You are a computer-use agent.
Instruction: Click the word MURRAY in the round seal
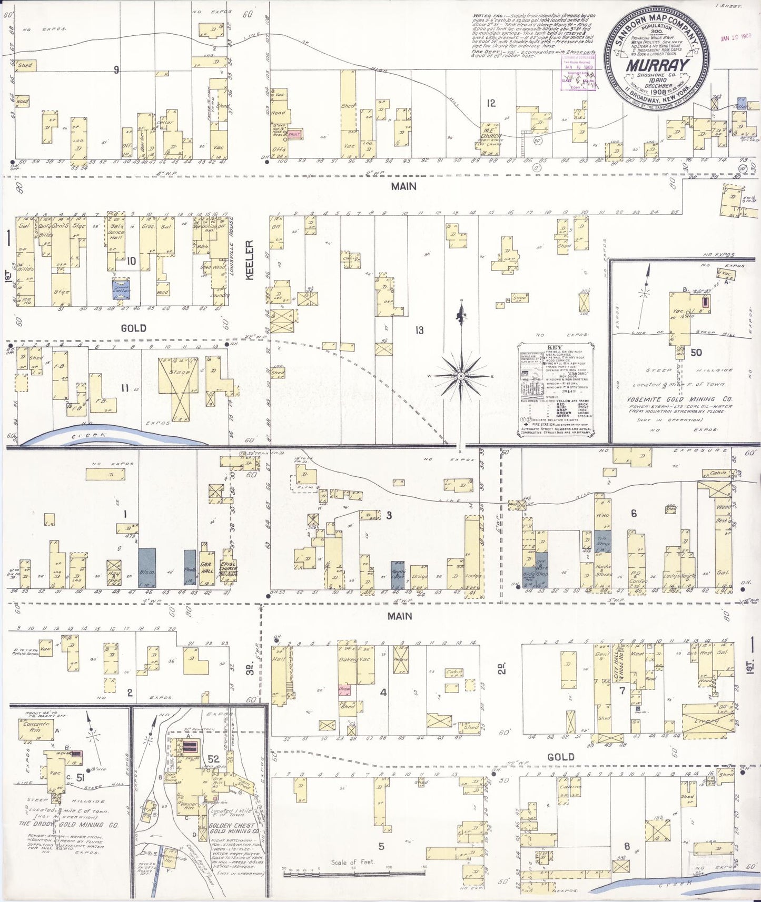pyautogui.click(x=657, y=66)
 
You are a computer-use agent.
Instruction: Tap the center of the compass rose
pyautogui.click(x=461, y=376)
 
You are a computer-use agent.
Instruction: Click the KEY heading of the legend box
pyautogui.click(x=555, y=348)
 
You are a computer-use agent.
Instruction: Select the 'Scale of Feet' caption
pyautogui.click(x=352, y=862)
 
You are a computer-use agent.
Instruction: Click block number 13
pyautogui.click(x=419, y=330)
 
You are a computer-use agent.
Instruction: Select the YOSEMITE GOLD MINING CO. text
pyautogui.click(x=679, y=399)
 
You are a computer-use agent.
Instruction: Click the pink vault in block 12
pyautogui.click(x=294, y=134)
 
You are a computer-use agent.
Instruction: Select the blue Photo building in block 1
pyautogui.click(x=190, y=567)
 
